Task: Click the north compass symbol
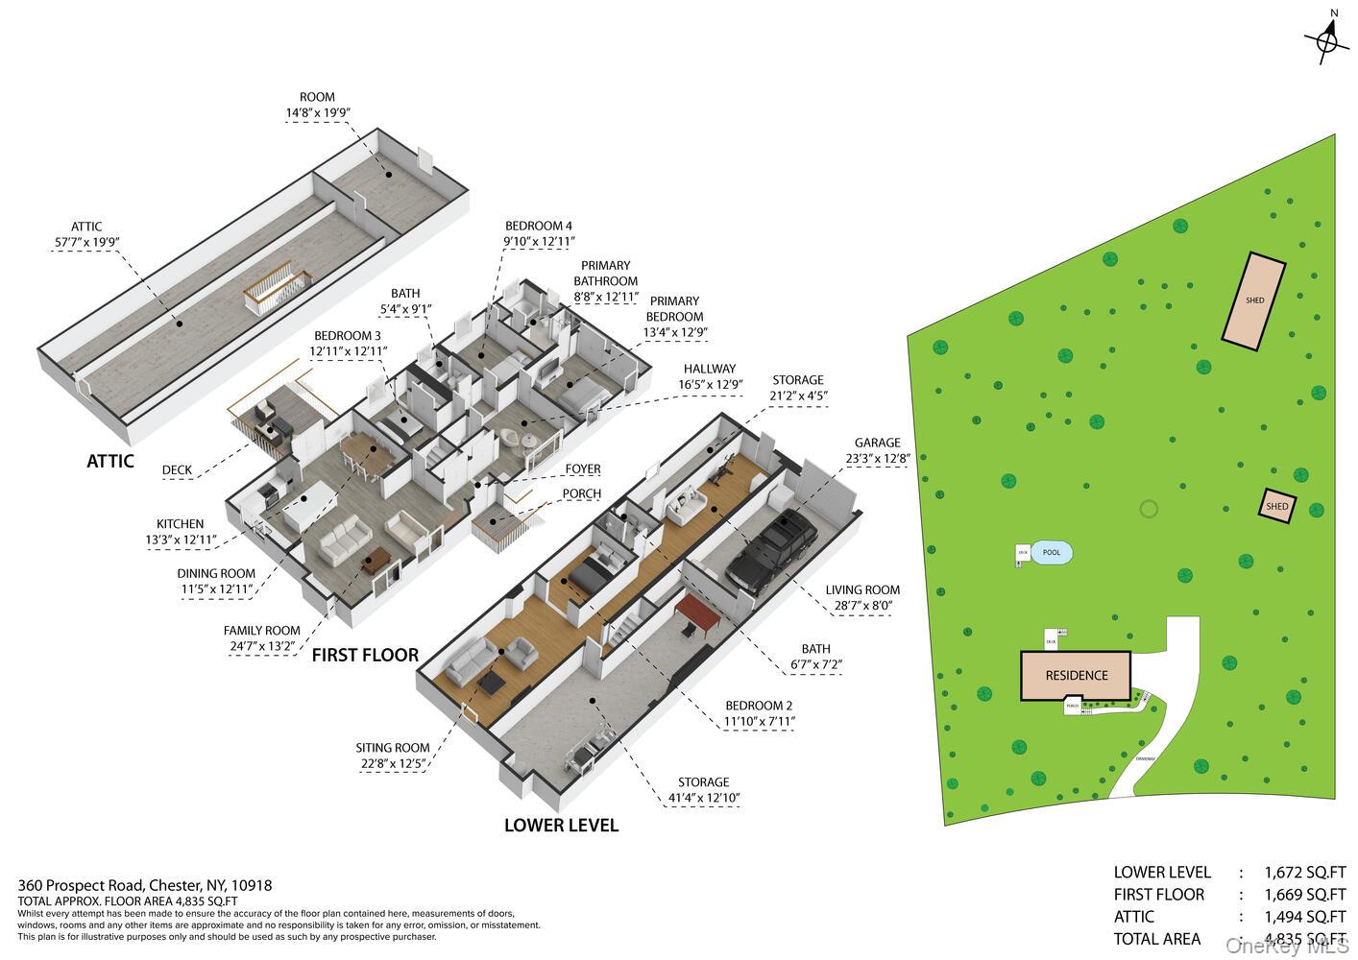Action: (x=1326, y=40)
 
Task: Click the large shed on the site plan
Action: (x=1254, y=299)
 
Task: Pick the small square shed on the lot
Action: (x=1276, y=506)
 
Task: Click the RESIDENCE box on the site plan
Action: (x=1076, y=676)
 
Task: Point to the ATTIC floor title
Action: (x=110, y=461)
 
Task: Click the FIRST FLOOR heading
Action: (x=365, y=655)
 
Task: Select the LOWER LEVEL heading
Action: (x=561, y=825)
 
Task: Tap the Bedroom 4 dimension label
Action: (x=552, y=233)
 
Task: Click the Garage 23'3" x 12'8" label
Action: (x=877, y=451)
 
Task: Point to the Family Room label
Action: (x=261, y=637)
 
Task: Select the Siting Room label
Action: (x=392, y=756)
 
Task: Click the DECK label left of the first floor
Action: (x=177, y=470)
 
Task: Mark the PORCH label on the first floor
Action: (x=581, y=493)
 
